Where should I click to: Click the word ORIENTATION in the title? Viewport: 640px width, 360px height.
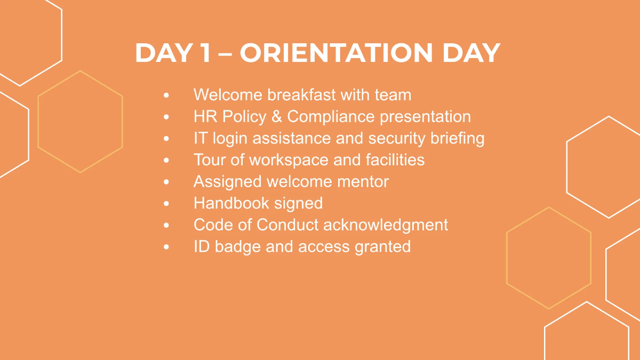336,53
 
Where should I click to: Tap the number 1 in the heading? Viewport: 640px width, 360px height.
203,53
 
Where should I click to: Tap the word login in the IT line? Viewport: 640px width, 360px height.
232,139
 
